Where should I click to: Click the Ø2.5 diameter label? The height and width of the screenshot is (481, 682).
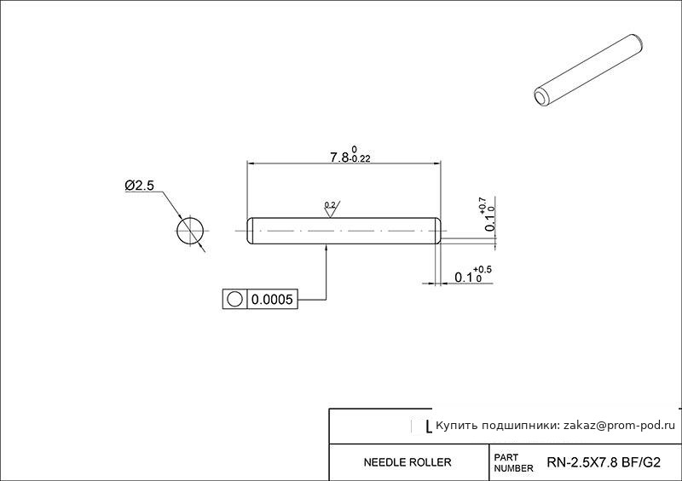[139, 186]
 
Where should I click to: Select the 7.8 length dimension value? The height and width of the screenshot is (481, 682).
[338, 157]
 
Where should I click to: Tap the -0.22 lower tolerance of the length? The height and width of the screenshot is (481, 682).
[360, 159]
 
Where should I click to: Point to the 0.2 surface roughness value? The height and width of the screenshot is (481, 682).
[330, 204]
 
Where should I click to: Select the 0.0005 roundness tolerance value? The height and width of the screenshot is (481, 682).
[272, 300]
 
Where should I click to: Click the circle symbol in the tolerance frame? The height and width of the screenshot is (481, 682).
[234, 300]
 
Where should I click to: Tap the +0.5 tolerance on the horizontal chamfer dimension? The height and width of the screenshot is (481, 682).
[483, 270]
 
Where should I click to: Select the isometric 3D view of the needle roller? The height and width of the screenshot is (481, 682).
[588, 71]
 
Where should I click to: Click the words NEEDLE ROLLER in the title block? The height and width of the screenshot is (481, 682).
[407, 462]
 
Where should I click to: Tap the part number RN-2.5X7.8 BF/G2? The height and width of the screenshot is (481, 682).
[604, 462]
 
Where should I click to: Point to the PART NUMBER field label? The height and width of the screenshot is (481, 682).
[513, 463]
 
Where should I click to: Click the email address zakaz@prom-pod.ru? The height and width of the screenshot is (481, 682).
[620, 426]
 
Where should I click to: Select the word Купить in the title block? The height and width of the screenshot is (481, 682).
[453, 426]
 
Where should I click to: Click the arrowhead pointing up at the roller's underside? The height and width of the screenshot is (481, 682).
[327, 248]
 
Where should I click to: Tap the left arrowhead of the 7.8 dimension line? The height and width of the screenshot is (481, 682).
[251, 163]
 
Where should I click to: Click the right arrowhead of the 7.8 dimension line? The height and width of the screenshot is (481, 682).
[436, 163]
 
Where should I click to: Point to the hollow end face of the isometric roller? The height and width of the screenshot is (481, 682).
[542, 98]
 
